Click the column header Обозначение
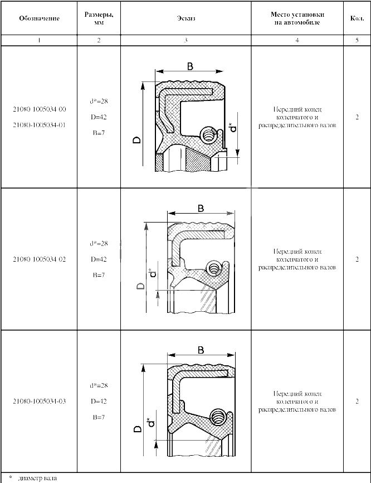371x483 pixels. click(39, 18)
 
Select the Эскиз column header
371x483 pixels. click(186, 18)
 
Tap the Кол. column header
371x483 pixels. click(357, 18)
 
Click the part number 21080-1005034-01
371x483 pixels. click(40, 125)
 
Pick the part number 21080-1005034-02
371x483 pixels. click(40, 259)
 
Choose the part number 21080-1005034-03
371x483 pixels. click(40, 402)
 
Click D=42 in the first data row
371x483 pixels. click(99, 117)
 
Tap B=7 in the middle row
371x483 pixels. click(99, 275)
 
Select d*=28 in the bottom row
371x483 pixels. click(99, 385)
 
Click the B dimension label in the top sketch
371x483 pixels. click(190, 66)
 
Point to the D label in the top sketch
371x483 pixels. click(137, 140)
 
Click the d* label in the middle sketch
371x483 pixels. click(153, 272)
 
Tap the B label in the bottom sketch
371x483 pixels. click(201, 350)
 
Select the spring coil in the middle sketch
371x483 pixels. click(214, 268)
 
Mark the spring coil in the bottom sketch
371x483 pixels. click(218, 417)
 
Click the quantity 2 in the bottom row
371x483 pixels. click(357, 402)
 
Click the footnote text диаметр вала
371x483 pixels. click(37, 479)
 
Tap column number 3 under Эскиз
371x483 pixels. click(186, 40)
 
